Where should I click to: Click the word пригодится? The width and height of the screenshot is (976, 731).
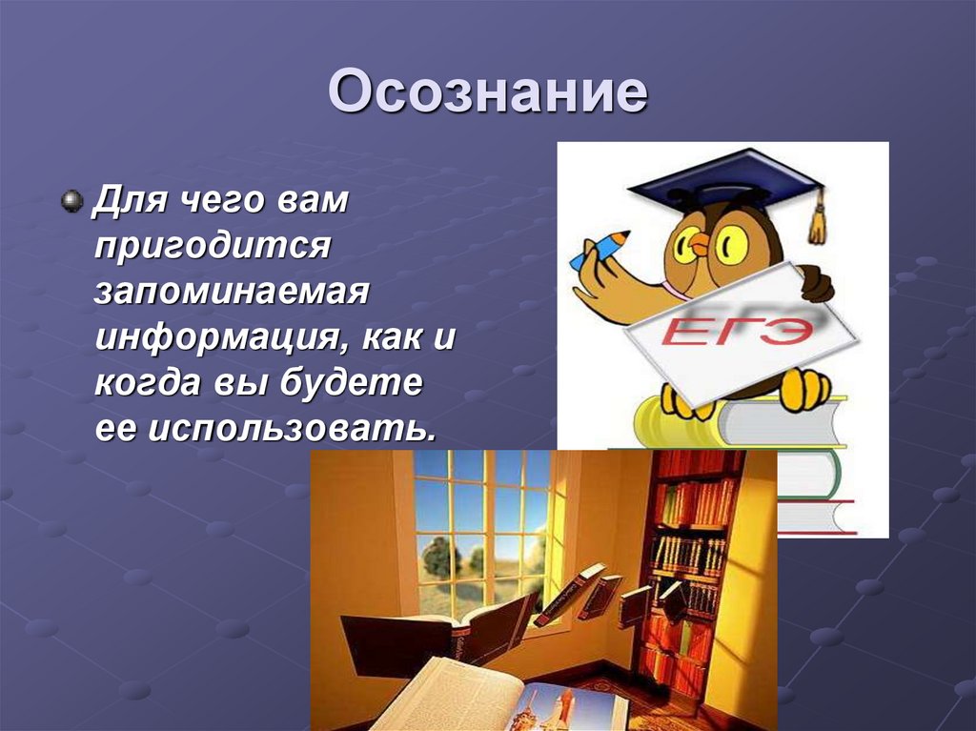pos(212,246)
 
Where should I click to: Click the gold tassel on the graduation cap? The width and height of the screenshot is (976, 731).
pos(817,220)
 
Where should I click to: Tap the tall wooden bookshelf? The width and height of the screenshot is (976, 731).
pos(691,572)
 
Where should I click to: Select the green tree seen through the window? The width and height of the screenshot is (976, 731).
pos(438,558)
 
